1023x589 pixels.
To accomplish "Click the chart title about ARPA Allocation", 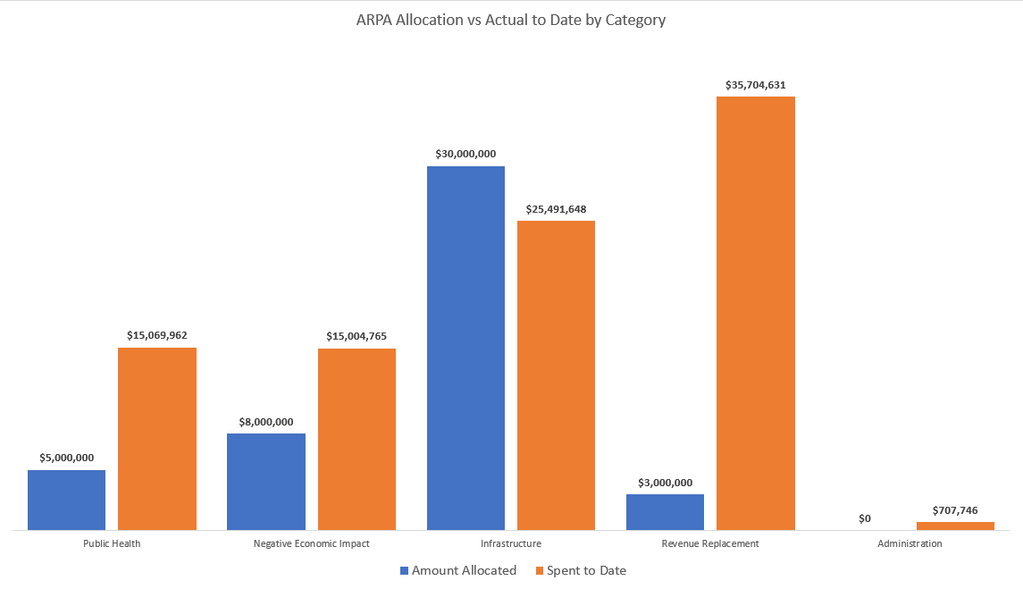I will [510, 20].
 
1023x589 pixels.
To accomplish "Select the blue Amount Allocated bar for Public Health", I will [66, 500].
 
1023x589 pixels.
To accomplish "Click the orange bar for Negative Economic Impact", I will [356, 439].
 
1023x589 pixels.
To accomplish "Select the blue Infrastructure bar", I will [465, 348].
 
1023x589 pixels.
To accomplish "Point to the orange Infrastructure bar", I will [556, 374].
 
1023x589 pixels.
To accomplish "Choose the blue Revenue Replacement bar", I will [665, 511].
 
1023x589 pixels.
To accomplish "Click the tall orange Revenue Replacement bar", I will [756, 313].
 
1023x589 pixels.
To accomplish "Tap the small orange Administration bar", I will [955, 526].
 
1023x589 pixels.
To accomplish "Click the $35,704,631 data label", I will [755, 85].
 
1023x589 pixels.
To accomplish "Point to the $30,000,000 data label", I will [465, 154].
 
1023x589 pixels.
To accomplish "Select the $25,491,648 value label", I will [556, 209].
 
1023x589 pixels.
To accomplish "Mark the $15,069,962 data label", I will [157, 335].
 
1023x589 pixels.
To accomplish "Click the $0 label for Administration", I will [864, 517].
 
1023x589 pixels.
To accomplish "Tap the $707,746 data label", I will [955, 510].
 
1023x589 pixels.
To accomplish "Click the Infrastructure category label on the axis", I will [511, 543].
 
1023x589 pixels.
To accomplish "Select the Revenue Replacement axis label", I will [710, 543].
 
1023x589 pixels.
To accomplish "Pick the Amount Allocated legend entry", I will [457, 570].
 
